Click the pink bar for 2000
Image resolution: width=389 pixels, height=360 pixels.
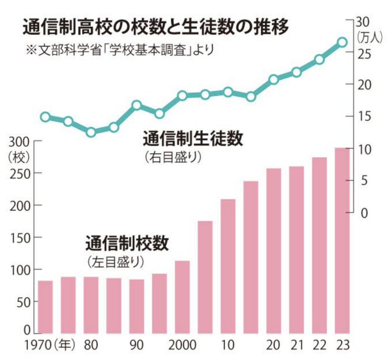pos(182,297)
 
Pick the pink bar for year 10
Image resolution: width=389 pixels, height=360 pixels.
pos(228,266)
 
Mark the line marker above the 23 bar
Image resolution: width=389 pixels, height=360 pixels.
pos(342,42)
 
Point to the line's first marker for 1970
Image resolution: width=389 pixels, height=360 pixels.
pos(46,117)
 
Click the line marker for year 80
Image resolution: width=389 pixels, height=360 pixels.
pos(91,132)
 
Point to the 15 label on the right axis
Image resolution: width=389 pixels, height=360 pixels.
pos(364,117)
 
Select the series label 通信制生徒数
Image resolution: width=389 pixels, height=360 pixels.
pos(193,139)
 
